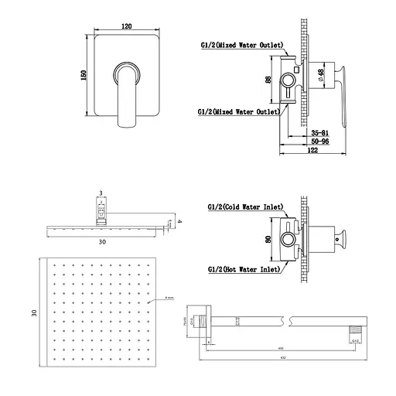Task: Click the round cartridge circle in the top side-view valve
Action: click(292, 79)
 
